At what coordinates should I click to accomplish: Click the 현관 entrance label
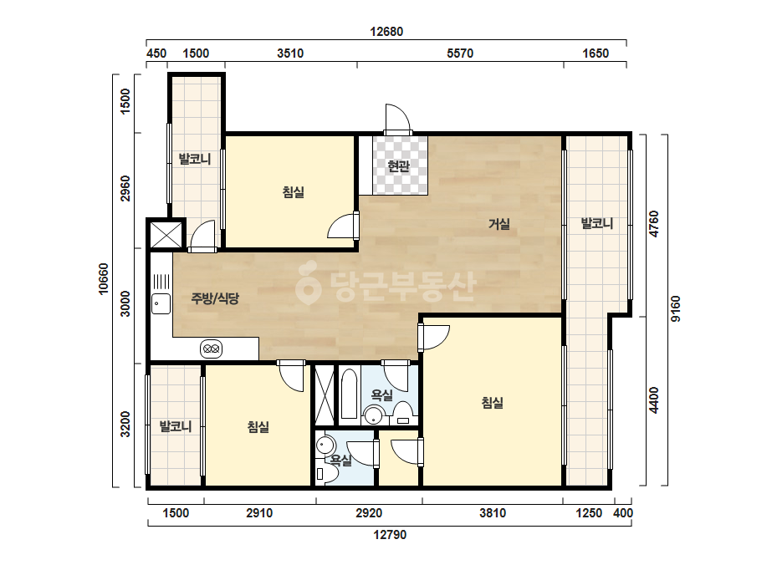pyautogui.click(x=398, y=166)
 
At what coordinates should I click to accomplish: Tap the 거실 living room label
pyautogui.click(x=498, y=225)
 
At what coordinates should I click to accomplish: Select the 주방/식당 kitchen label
pyautogui.click(x=215, y=298)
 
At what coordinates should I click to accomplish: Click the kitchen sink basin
pyautogui.click(x=161, y=303)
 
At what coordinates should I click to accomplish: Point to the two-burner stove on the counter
pyautogui.click(x=212, y=349)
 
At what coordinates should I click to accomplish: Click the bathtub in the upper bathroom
pyautogui.click(x=349, y=394)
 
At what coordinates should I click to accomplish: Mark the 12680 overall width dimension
pyautogui.click(x=386, y=32)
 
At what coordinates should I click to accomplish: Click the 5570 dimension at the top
pyautogui.click(x=460, y=53)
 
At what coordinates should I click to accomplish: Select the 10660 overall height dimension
pyautogui.click(x=104, y=279)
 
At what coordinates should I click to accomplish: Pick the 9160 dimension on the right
pyautogui.click(x=676, y=309)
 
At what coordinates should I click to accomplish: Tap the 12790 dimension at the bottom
pyautogui.click(x=390, y=534)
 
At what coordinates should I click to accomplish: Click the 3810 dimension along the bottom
pyautogui.click(x=493, y=513)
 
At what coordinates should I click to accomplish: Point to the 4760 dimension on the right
pyautogui.click(x=654, y=224)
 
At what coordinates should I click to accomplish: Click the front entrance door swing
pyautogui.click(x=397, y=119)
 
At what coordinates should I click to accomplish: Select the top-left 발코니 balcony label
pyautogui.click(x=195, y=159)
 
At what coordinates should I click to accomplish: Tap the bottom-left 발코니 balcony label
pyautogui.click(x=176, y=426)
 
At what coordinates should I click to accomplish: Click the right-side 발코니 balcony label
pyautogui.click(x=597, y=223)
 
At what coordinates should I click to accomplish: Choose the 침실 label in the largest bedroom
pyautogui.click(x=493, y=403)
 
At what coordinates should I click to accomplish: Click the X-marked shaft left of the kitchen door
pyautogui.click(x=166, y=235)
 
